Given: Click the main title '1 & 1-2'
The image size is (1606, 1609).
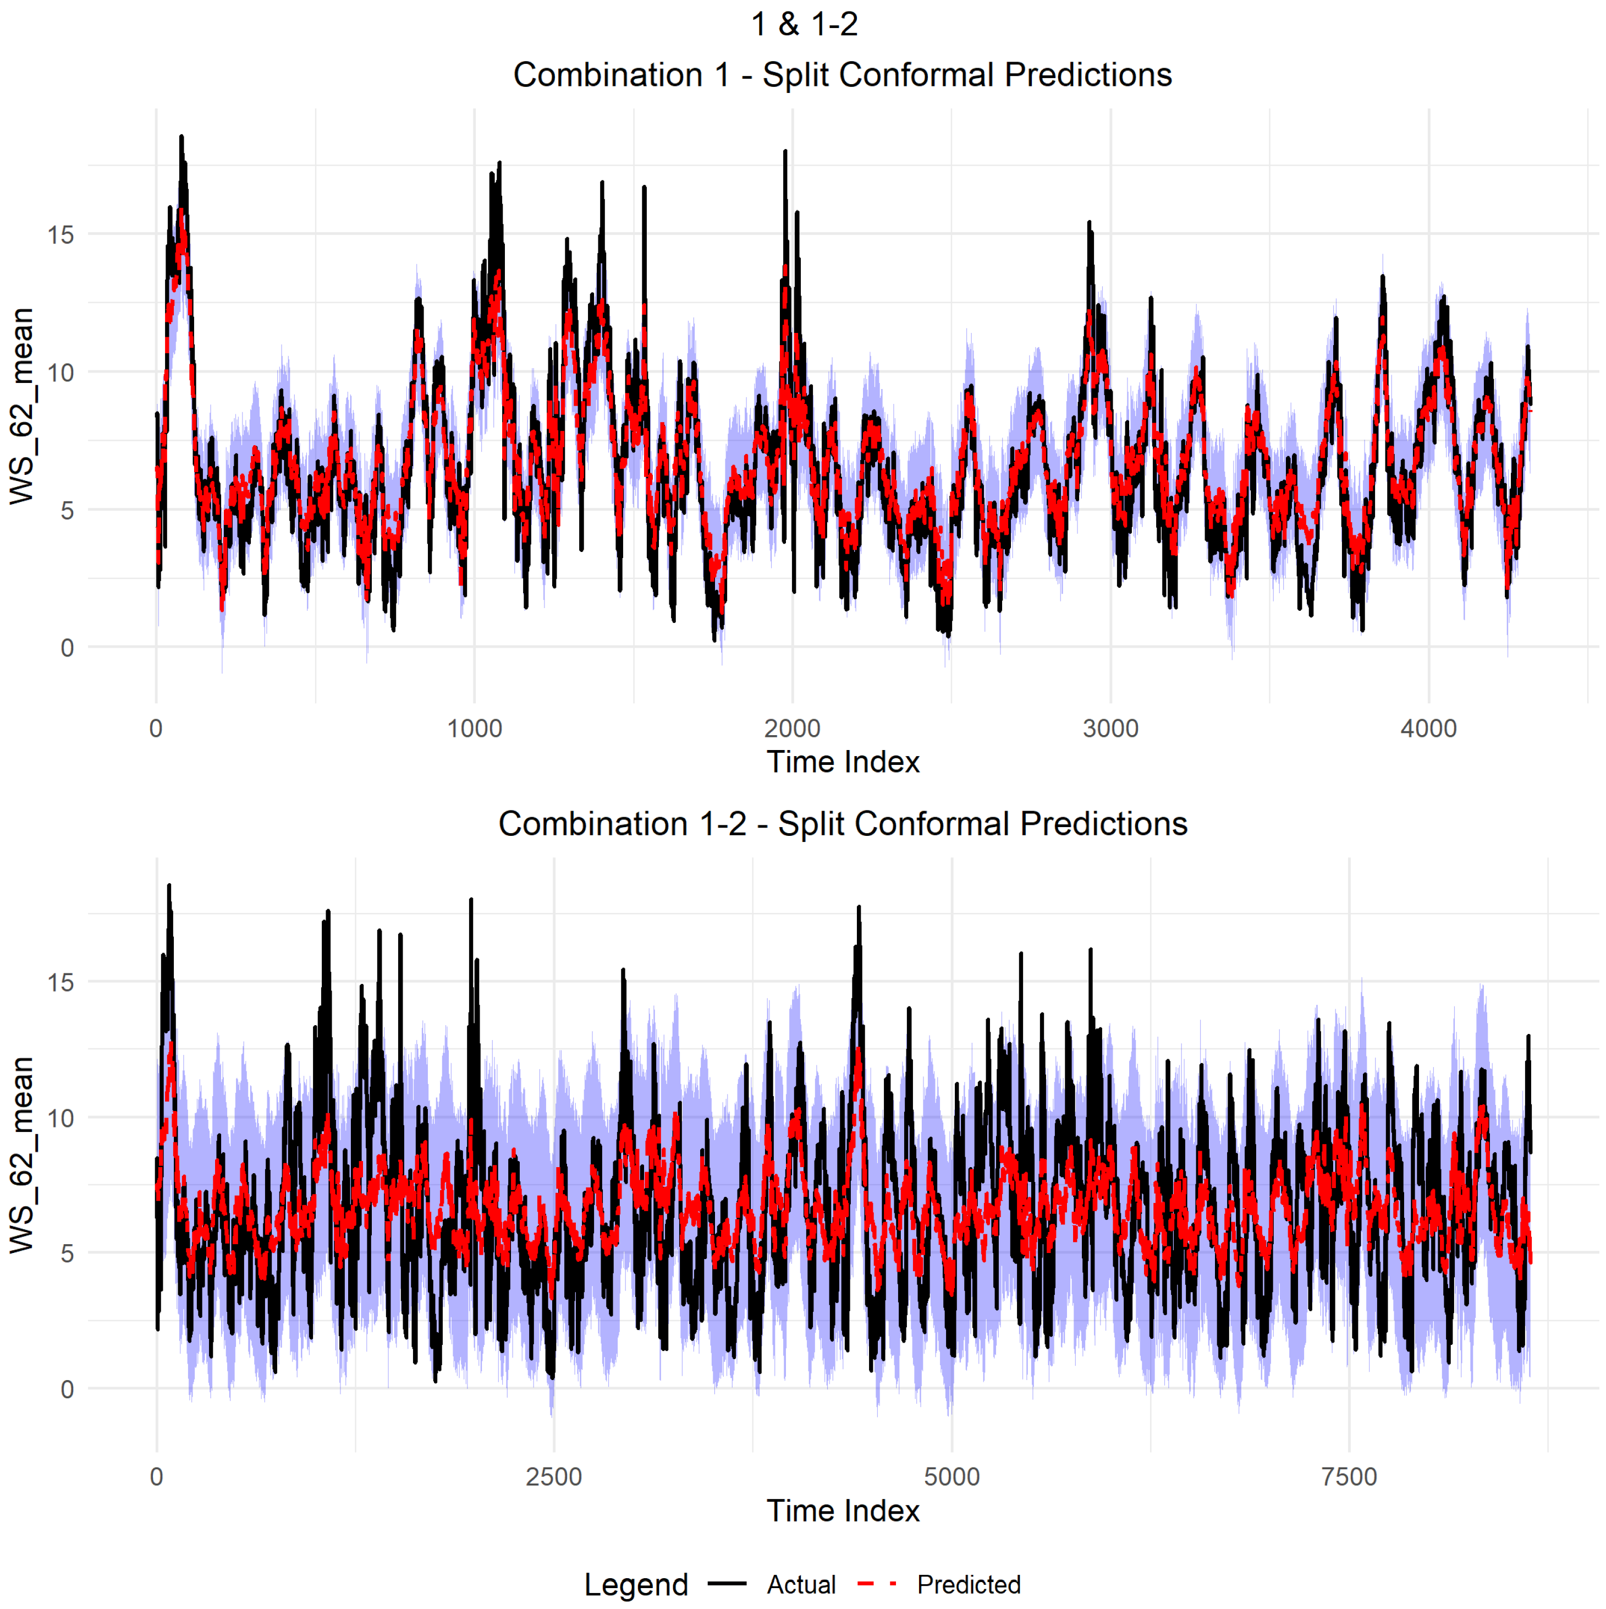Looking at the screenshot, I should (x=804, y=24).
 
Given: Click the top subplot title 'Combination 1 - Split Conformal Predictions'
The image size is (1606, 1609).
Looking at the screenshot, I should (x=842, y=75).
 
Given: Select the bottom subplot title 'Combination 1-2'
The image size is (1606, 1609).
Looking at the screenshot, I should (x=842, y=824).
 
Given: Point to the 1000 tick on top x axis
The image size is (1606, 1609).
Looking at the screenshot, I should (x=475, y=729).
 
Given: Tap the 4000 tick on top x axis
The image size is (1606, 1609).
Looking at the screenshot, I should (x=1428, y=729).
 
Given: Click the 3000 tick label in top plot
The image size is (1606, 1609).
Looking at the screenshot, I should (x=1110, y=729).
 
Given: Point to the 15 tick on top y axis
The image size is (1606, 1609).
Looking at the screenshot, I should (x=61, y=235).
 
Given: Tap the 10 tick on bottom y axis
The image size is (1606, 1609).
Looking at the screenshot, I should (x=61, y=1118).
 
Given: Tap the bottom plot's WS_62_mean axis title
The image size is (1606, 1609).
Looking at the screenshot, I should (x=23, y=1154).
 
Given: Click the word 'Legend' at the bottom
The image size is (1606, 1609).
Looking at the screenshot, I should (x=636, y=1585).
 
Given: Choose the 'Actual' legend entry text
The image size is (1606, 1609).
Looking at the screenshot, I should (x=801, y=1585).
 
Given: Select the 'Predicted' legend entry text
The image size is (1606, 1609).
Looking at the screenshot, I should (x=968, y=1585).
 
